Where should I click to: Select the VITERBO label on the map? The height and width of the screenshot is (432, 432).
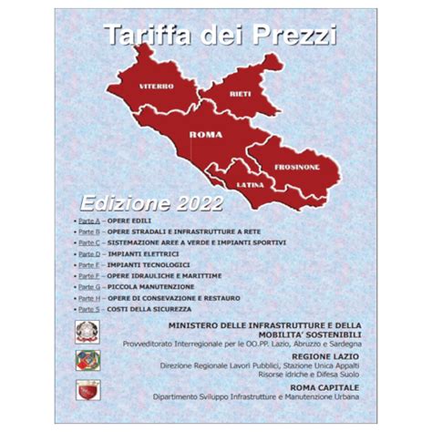156,86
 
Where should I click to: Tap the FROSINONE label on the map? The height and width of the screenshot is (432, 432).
293,168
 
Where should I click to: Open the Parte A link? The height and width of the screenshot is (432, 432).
87,221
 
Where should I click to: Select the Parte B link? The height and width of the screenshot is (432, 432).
87,232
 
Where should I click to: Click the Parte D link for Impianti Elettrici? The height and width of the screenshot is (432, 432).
87,254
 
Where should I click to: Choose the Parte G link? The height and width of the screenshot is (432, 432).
87,286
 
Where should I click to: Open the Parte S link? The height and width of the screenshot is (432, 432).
87,308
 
